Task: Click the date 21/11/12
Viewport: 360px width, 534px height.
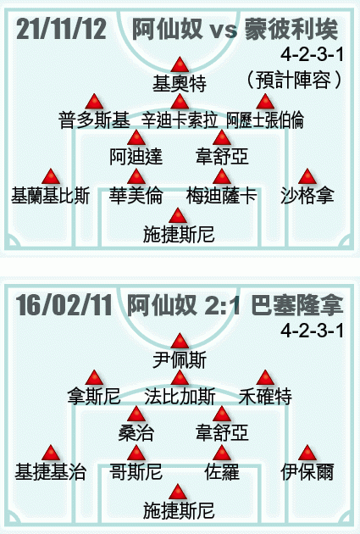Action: point(61,29)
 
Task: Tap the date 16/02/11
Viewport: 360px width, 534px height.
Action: point(64,305)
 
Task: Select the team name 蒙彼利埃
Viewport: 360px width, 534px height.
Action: point(291,29)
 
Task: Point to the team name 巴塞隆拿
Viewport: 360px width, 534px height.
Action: point(296,305)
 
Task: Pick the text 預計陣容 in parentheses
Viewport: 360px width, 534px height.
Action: point(293,80)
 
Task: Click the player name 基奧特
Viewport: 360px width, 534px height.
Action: point(180,83)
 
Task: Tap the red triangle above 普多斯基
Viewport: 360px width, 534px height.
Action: point(94,102)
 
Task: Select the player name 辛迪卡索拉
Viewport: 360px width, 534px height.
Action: point(180,120)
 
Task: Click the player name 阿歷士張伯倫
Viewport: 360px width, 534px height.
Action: point(265,120)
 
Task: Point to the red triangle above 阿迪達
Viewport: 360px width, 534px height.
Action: point(136,137)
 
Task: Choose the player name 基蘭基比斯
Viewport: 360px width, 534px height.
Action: point(51,196)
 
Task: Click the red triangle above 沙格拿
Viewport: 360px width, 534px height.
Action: point(307,176)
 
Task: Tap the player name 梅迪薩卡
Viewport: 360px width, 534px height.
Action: point(222,196)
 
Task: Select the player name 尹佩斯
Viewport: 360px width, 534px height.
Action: point(180,360)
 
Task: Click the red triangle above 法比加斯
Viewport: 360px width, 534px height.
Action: point(180,378)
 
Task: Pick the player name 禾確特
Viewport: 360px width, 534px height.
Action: point(265,396)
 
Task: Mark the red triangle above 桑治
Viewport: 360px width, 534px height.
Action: point(136,414)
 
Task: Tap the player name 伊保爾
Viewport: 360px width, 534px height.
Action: point(307,471)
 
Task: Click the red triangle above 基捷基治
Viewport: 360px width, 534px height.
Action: point(51,453)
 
